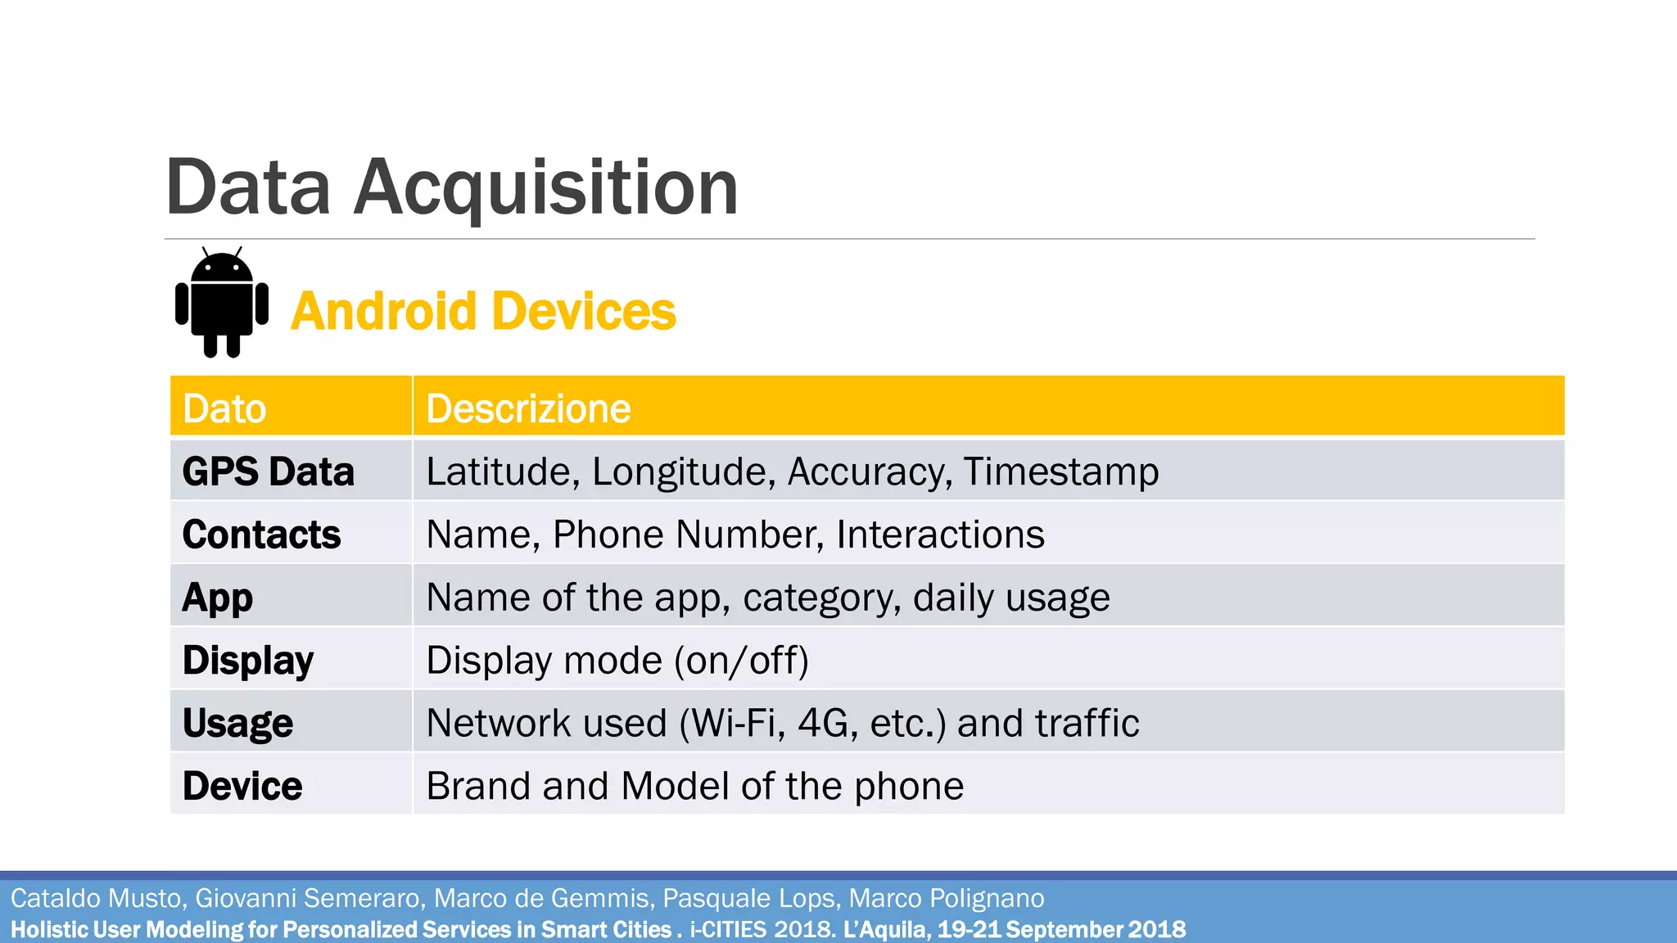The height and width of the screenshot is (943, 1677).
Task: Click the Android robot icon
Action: click(x=222, y=302)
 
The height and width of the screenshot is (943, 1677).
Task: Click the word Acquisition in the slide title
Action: click(x=546, y=188)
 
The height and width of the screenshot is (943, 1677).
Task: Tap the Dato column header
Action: click(x=224, y=408)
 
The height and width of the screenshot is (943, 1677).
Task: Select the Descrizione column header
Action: click(x=528, y=408)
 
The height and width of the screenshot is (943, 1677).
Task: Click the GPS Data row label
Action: click(x=268, y=471)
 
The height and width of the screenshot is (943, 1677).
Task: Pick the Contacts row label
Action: click(x=261, y=535)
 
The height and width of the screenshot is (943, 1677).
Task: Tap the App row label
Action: click(x=217, y=598)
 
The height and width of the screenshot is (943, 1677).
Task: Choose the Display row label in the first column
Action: click(x=247, y=661)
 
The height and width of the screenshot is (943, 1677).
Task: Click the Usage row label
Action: click(x=237, y=724)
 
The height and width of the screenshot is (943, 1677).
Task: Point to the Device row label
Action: click(x=242, y=786)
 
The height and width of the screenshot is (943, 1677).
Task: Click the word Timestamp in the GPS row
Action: click(x=1060, y=471)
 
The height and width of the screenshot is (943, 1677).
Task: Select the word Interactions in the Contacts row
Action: click(x=940, y=535)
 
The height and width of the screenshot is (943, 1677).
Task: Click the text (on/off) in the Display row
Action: click(x=741, y=661)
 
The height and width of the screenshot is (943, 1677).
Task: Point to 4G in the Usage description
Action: click(x=827, y=724)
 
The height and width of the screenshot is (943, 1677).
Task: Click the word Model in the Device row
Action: click(x=676, y=786)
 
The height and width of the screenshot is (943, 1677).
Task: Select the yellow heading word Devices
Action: click(x=585, y=312)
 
